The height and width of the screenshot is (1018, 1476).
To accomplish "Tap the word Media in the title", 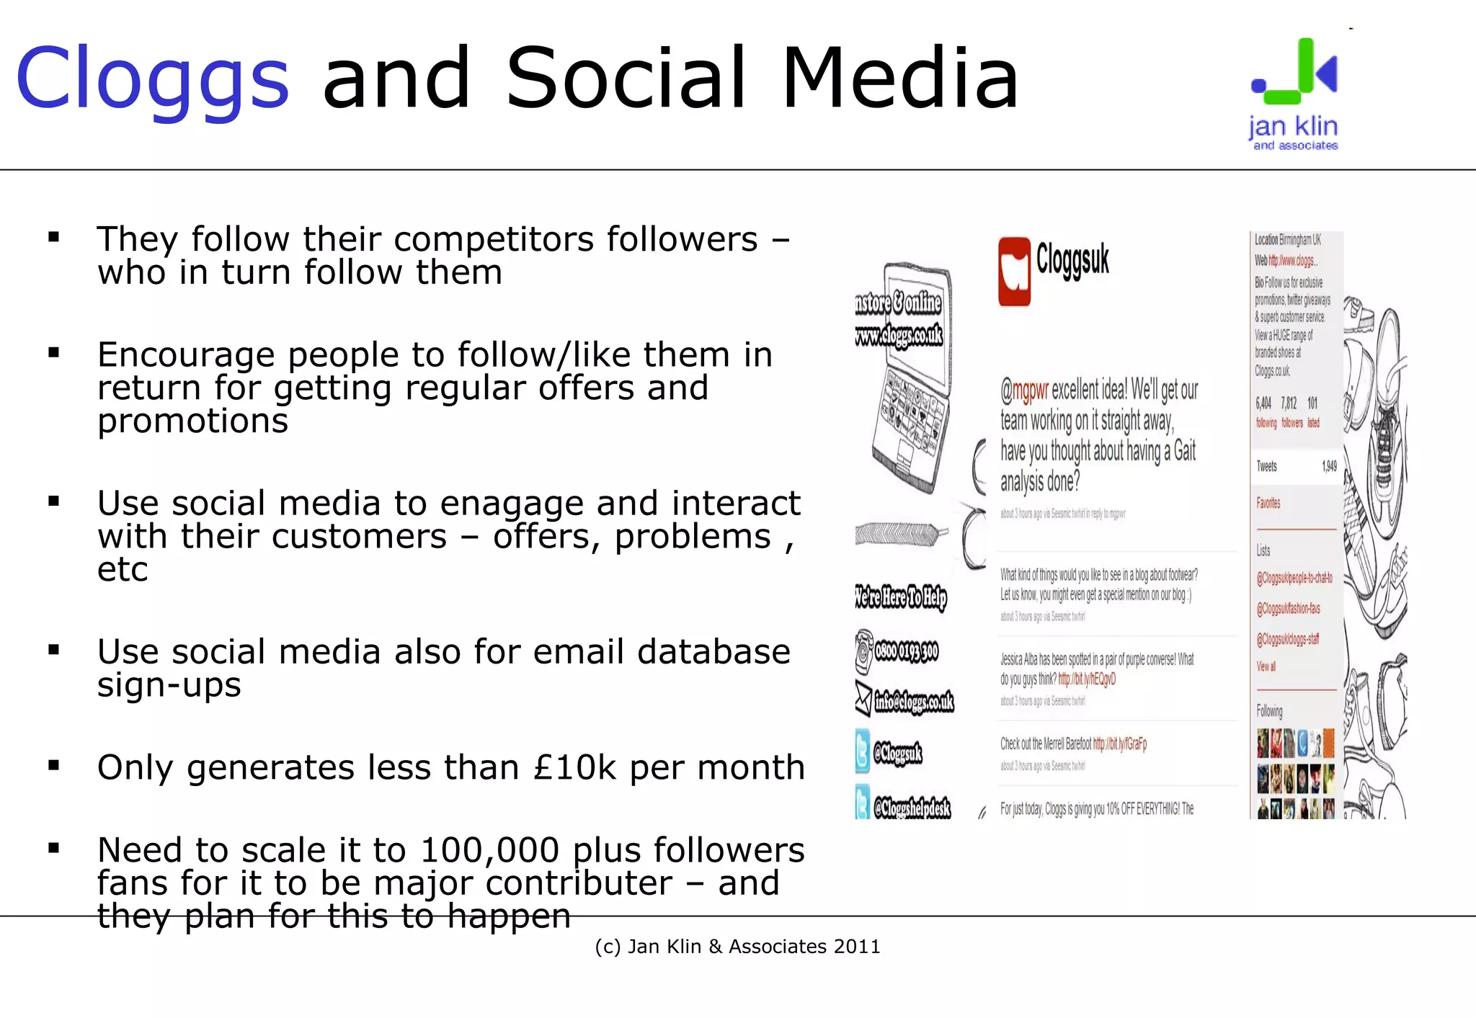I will pyautogui.click(x=900, y=78).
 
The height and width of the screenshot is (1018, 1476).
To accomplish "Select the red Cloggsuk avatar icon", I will pyautogui.click(x=1014, y=272).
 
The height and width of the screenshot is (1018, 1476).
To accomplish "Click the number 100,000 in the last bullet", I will pyautogui.click(x=489, y=850).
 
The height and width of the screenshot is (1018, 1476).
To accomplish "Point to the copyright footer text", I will pyautogui.click(x=737, y=947).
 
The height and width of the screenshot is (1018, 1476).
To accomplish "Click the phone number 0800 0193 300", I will pyautogui.click(x=906, y=652).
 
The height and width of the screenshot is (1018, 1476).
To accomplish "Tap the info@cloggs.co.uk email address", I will pyautogui.click(x=914, y=701).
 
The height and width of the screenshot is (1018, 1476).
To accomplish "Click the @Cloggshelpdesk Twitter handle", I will pyautogui.click(x=912, y=808).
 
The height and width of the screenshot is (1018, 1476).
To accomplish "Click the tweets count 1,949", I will pyautogui.click(x=1328, y=467).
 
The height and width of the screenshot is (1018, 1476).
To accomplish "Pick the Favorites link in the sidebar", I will pyautogui.click(x=1268, y=503).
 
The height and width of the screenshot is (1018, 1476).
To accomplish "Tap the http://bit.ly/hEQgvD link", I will pyautogui.click(x=1087, y=679).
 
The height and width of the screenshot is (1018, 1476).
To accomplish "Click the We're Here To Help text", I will pyautogui.click(x=900, y=597).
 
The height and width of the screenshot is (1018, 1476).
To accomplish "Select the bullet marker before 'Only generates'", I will pyautogui.click(x=53, y=765).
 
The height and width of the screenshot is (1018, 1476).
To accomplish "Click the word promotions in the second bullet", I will pyautogui.click(x=192, y=421).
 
